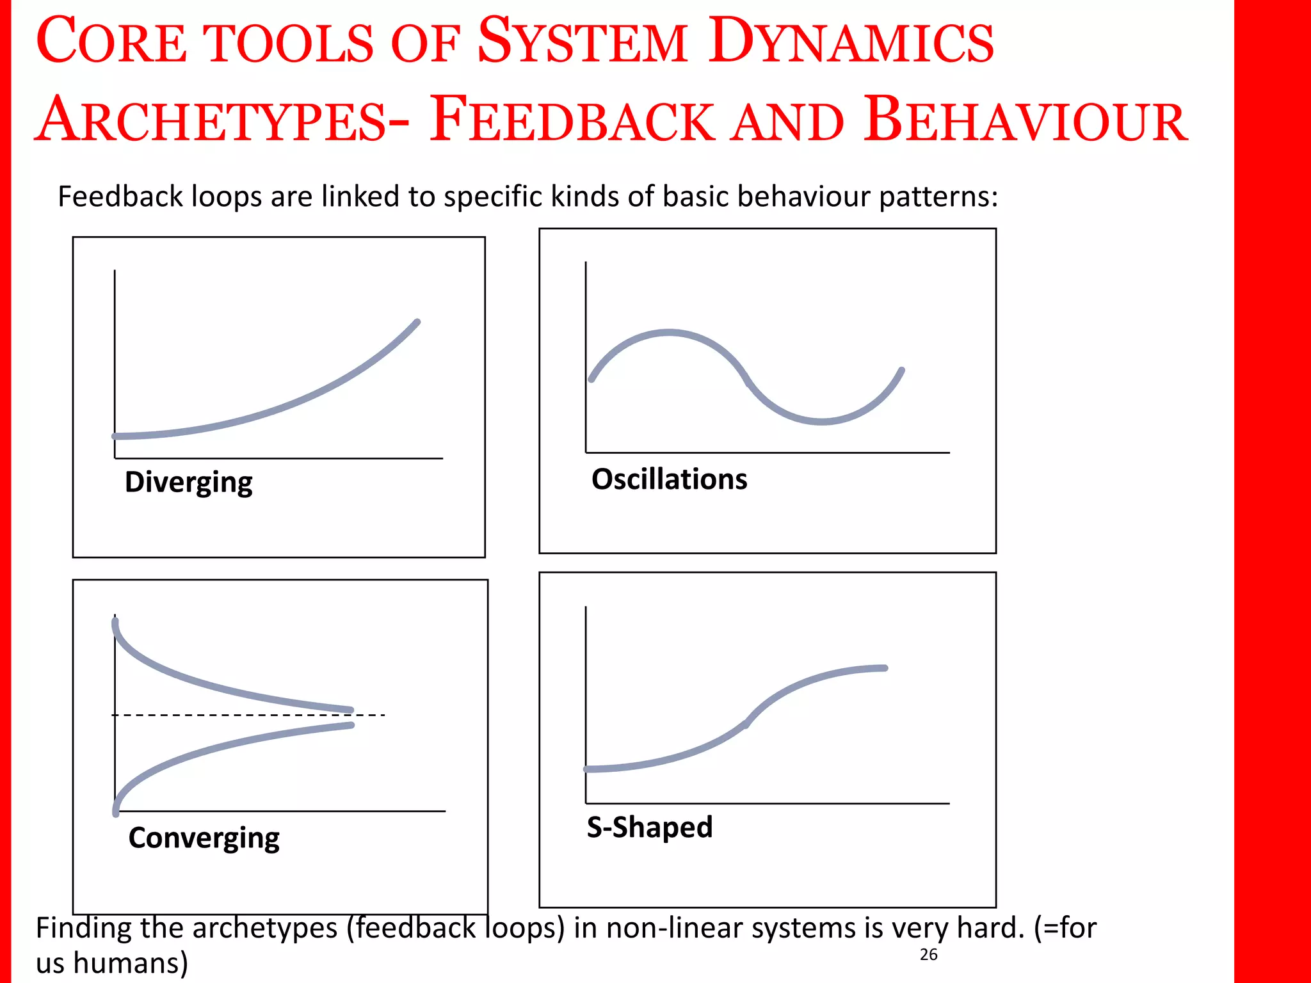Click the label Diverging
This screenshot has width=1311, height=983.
[188, 483]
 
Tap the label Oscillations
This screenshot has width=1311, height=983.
[669, 479]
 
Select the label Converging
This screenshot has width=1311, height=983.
[204, 838]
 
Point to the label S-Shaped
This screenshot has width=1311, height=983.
[649, 827]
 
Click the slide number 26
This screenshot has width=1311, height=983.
[928, 954]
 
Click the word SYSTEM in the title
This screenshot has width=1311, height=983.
[583, 41]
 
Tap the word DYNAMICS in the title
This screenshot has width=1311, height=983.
[851, 41]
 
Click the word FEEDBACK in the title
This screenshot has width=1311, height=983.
[572, 120]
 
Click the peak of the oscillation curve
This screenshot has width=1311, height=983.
[669, 332]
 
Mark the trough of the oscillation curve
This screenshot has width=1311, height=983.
[822, 421]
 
